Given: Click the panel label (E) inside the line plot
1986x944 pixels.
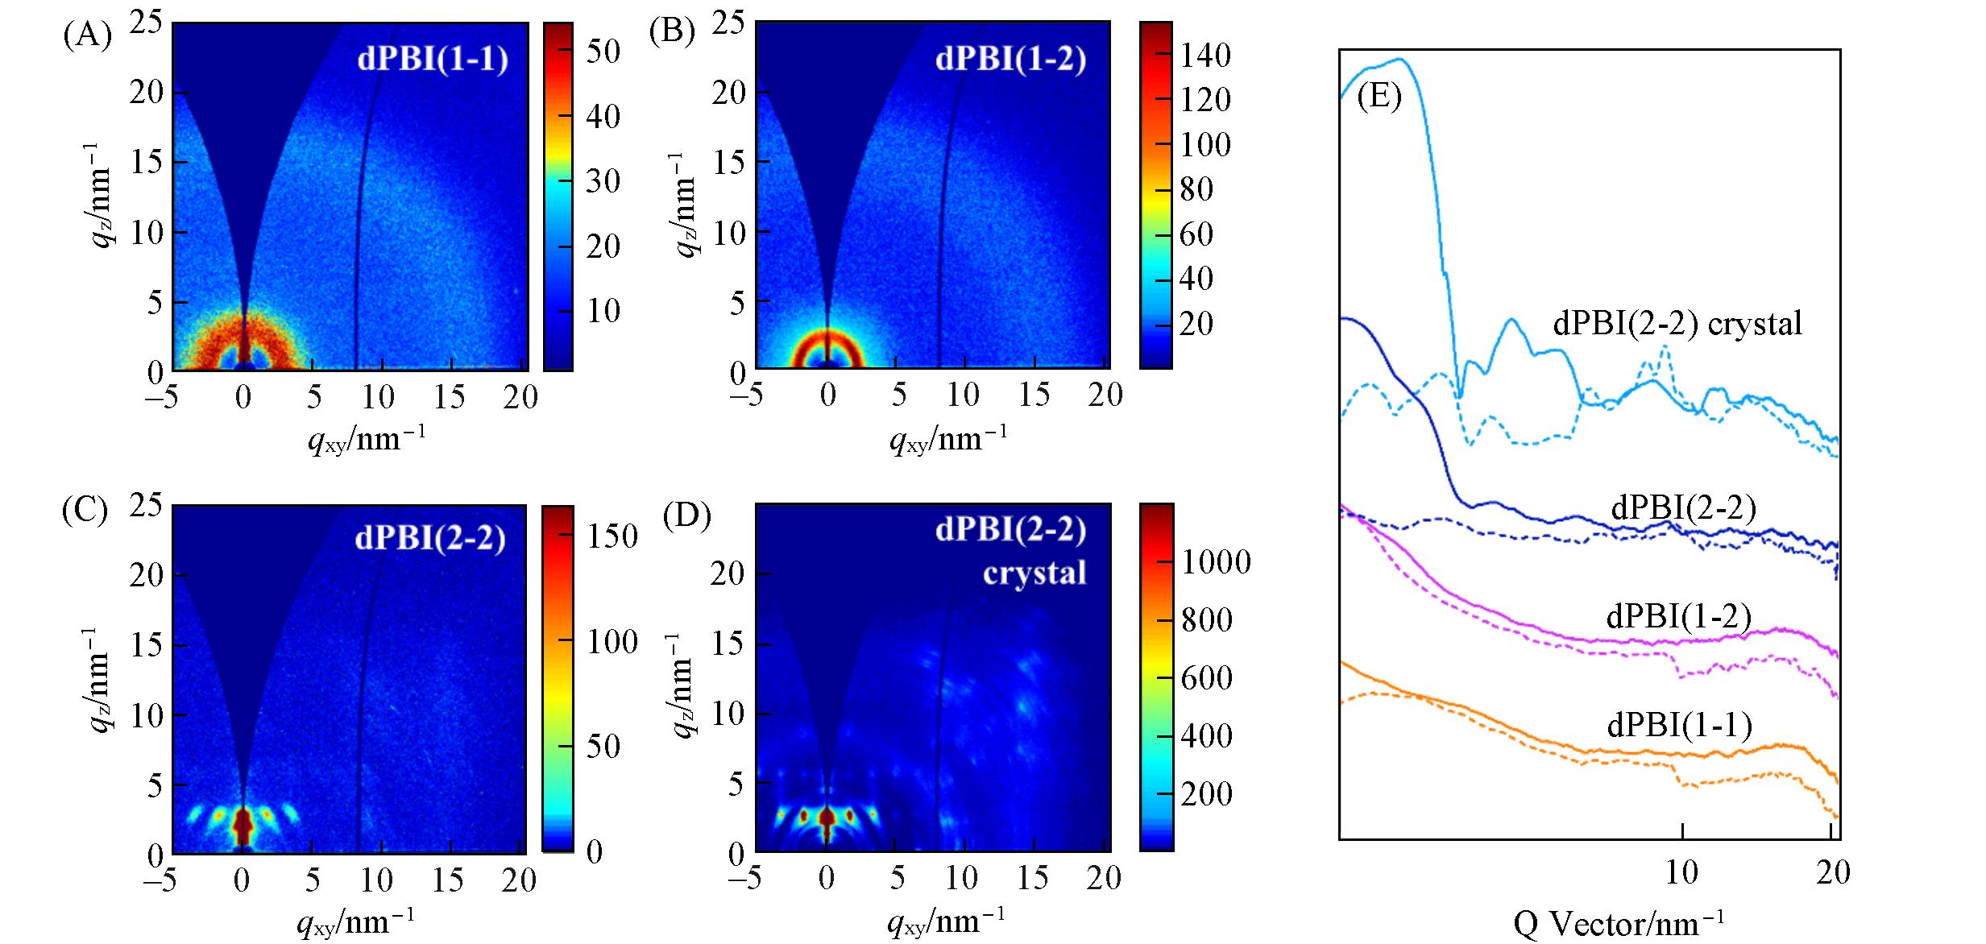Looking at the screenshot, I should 1379,97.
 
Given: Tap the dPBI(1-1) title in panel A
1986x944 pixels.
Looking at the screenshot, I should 433,60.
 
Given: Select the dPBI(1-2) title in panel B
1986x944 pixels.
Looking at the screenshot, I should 1010,60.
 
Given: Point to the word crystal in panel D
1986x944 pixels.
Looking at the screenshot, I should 1034,573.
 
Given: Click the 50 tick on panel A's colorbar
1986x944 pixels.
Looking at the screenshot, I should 603,52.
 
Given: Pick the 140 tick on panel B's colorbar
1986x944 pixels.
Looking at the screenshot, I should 1205,56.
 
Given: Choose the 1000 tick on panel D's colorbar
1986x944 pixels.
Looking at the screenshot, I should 1216,561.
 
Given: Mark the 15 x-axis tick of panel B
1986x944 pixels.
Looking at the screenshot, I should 1034,395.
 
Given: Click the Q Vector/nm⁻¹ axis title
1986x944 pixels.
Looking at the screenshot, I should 1618,924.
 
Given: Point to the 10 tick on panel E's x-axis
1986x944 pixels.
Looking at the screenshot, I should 1681,872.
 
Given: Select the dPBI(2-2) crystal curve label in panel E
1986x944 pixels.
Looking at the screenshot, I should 1677,324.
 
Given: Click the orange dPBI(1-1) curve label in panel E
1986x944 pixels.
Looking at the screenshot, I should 1680,725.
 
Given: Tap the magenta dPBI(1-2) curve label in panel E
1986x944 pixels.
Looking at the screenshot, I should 1679,616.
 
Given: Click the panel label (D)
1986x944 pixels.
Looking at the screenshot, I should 686,517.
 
